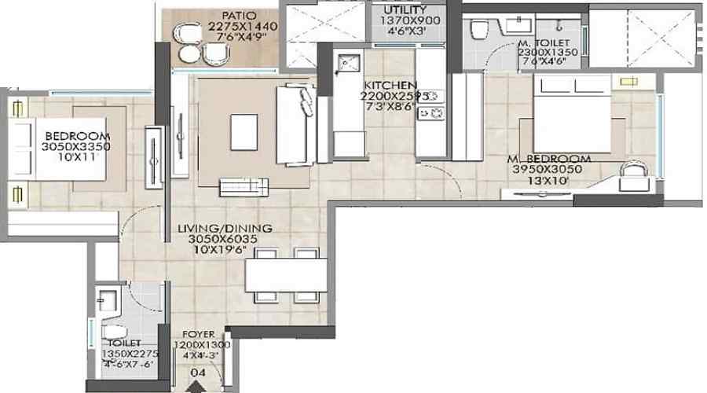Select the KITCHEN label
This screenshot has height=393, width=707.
coord(390,85)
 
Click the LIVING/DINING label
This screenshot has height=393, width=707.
coord(225,229)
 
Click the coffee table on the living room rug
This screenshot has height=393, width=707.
coord(244,129)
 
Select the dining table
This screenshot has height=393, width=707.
coord(285,275)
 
